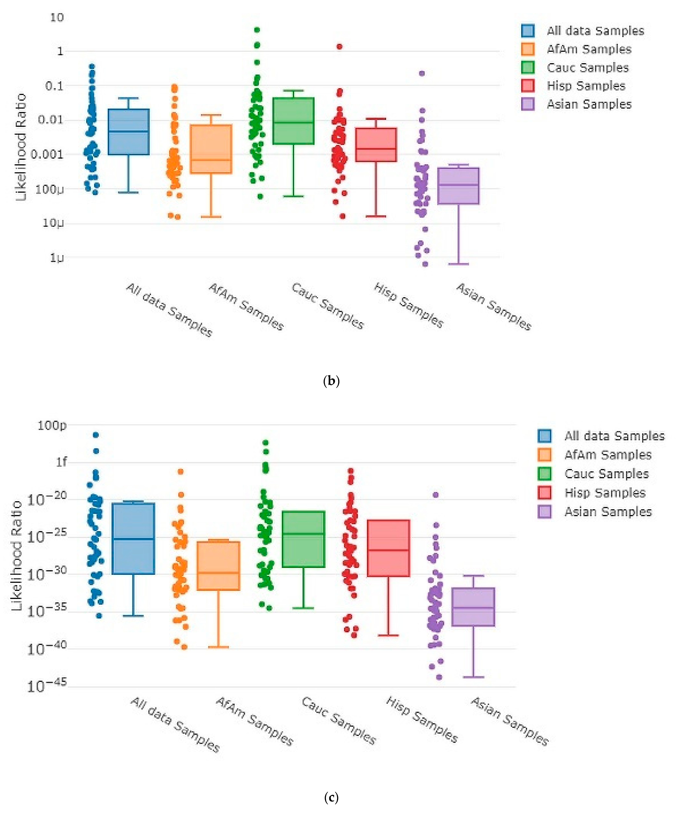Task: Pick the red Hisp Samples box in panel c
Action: click(x=388, y=548)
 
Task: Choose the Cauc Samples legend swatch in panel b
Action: click(x=528, y=67)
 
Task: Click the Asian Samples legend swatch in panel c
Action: click(x=544, y=511)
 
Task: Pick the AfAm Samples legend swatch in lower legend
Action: click(x=544, y=455)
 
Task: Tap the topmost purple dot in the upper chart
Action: click(x=422, y=73)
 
